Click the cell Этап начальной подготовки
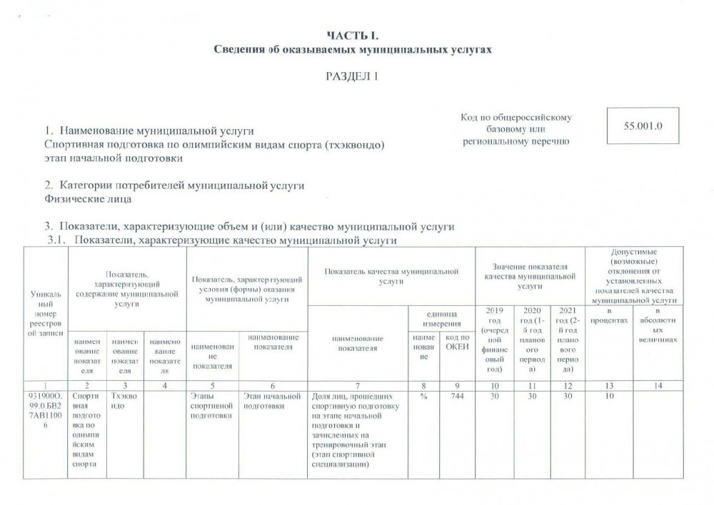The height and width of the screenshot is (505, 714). coord(273,402)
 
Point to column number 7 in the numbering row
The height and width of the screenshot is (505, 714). coord(357,386)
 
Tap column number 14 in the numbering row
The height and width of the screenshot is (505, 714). coord(658,386)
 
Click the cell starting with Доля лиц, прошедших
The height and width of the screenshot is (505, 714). coord(357,430)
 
